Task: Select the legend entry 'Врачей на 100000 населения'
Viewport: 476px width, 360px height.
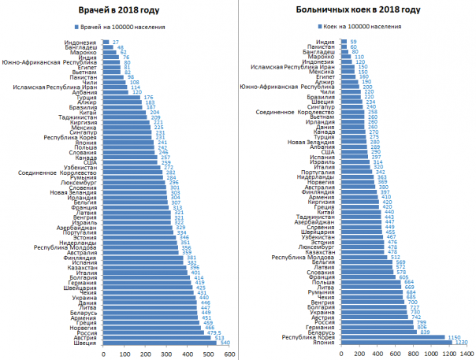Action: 133,27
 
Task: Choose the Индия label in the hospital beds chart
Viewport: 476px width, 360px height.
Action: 322,42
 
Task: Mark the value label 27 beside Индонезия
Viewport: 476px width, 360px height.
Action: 116,42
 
